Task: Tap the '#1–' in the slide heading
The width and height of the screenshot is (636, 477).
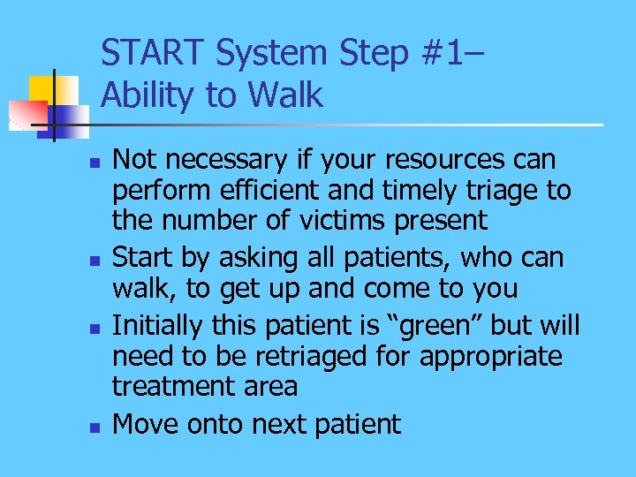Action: pyautogui.click(x=452, y=54)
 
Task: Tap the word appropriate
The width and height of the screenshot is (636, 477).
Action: pyautogui.click(x=491, y=357)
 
